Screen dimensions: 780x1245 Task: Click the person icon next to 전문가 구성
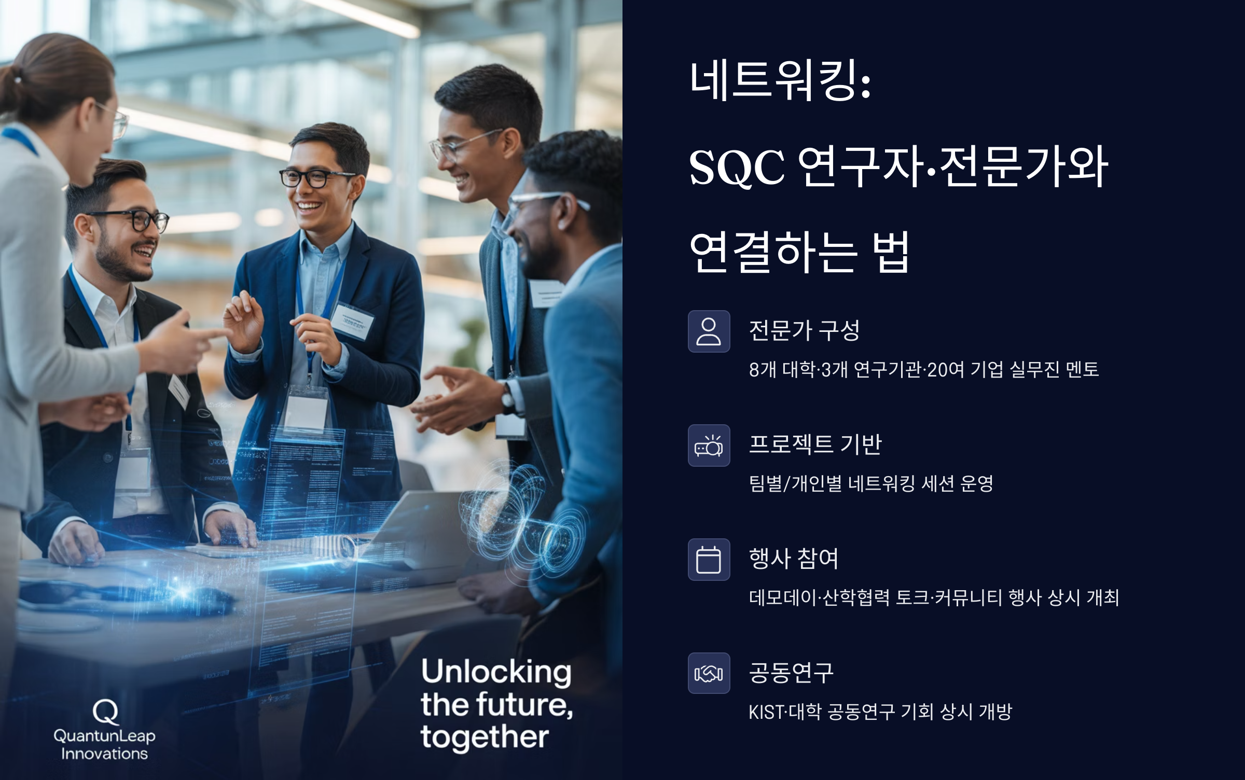[x=709, y=331]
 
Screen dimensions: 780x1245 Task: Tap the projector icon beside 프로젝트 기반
[x=709, y=445]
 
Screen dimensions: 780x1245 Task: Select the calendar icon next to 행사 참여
[x=709, y=560]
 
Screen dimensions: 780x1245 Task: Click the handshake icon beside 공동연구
[x=709, y=674]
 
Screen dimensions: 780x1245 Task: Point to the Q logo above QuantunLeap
[x=105, y=712]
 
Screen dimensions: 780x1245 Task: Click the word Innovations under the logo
[x=104, y=754]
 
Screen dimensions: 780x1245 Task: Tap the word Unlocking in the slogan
[x=496, y=672]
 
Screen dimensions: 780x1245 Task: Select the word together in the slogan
[x=485, y=737]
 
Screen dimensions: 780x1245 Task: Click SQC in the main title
[x=737, y=167]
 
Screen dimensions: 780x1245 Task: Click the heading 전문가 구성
[x=804, y=330]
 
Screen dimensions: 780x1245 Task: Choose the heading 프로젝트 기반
[x=815, y=444]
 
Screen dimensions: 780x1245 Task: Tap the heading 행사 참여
[x=793, y=559]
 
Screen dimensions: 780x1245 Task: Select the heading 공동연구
[x=791, y=673]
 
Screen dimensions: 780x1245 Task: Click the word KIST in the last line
[x=766, y=712]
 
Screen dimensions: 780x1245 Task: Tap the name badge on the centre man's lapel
[x=352, y=321]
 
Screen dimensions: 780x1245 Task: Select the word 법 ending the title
[x=891, y=253]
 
